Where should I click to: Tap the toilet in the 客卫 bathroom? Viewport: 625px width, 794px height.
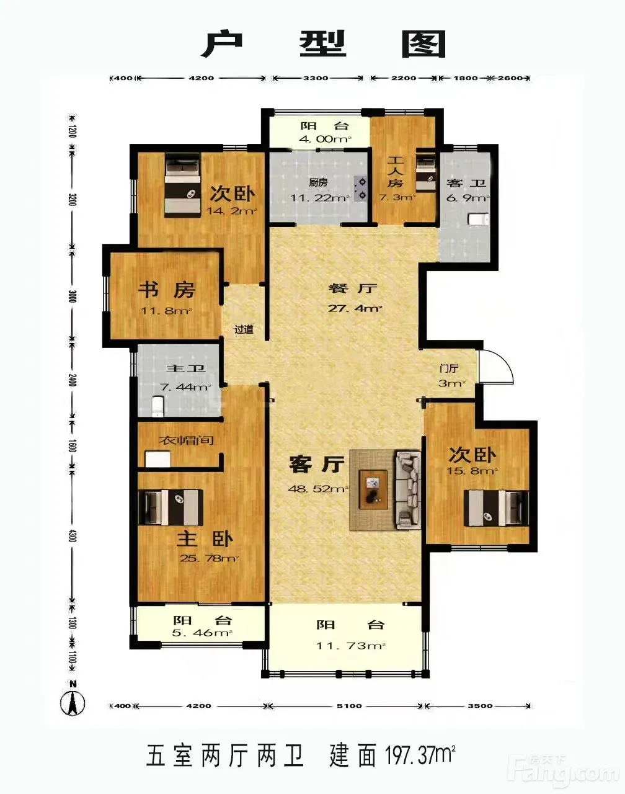point(479,220)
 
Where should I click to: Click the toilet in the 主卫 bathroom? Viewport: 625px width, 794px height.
point(157,406)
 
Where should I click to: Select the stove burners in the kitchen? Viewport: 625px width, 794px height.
point(360,188)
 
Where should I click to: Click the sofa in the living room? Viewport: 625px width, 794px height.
point(409,490)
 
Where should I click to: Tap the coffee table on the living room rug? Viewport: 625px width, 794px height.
point(373,490)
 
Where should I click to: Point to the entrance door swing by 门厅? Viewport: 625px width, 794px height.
point(496,366)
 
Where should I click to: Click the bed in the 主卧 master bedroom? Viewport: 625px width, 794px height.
point(171,507)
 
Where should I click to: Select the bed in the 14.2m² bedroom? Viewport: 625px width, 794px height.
point(183,185)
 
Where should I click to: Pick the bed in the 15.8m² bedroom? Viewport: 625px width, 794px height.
point(496,507)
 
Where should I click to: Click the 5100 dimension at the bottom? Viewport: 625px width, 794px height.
point(349,706)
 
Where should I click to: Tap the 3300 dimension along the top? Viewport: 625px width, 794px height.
point(316,78)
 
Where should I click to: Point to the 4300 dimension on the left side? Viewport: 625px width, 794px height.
point(73,535)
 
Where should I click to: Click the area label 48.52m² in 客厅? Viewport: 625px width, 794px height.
point(319,489)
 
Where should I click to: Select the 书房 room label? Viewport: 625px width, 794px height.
point(166,290)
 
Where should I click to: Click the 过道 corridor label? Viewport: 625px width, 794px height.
point(244,329)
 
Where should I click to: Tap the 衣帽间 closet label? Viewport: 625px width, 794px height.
point(186,440)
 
